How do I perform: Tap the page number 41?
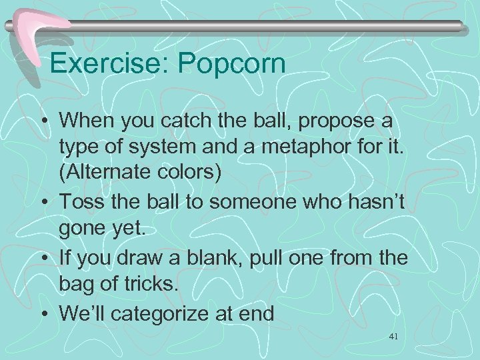(393, 338)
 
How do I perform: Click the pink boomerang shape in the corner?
(37, 30)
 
